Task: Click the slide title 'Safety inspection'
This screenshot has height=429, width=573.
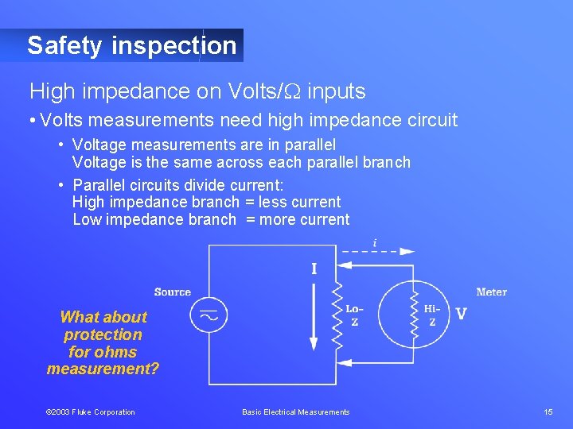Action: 132,46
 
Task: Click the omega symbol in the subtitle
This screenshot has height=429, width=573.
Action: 292,92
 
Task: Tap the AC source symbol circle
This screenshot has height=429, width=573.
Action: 209,315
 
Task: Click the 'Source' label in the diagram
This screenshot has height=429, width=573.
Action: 173,292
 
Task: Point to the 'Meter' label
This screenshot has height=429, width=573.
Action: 491,292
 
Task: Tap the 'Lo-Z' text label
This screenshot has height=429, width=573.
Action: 355,315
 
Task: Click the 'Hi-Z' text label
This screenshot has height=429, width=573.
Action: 432,315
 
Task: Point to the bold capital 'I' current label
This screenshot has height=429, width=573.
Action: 314,269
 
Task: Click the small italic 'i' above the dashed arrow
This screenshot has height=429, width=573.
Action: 375,242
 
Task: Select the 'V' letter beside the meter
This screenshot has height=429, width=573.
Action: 461,314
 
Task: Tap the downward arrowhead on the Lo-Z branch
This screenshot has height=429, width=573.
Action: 314,343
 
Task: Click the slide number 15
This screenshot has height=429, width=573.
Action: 548,412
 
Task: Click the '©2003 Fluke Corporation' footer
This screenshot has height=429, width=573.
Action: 90,412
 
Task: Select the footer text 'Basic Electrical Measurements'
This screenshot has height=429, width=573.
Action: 296,412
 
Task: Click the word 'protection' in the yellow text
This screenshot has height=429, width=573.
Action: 103,334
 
